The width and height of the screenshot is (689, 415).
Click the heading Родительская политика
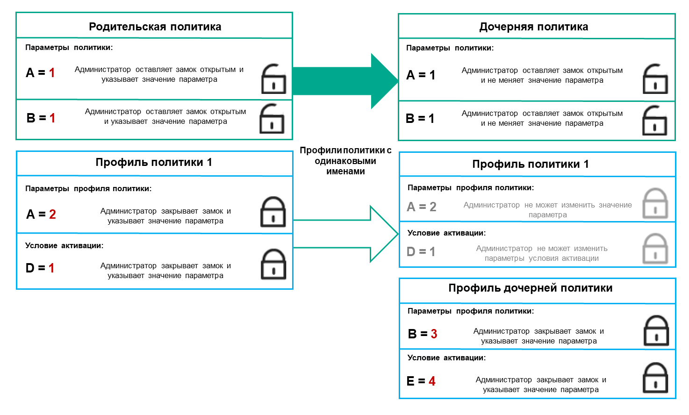coord(155,27)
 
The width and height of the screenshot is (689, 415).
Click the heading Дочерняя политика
coord(533,27)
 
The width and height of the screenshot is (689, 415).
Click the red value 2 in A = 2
coord(52,215)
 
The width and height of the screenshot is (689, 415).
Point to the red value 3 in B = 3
coord(434,334)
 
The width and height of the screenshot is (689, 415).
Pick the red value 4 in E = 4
coord(432,381)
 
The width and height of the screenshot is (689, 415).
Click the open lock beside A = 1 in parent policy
coord(273,79)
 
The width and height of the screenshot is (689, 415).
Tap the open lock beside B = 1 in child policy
coord(654,121)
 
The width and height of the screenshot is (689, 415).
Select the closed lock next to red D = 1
coord(273,265)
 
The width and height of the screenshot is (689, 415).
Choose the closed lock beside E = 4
coord(655,378)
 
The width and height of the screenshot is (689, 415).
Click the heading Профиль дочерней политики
coord(530,288)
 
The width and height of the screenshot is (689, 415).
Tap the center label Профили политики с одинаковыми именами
coord(345,161)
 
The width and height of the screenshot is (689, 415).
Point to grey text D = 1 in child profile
coord(421,252)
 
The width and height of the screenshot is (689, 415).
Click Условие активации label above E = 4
coord(446,358)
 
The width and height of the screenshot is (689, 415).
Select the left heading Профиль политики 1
coord(154,163)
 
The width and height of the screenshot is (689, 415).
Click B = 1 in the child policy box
coord(420,119)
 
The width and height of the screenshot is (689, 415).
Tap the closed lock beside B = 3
coord(656,331)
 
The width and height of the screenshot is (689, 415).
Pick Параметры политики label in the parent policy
coord(69,48)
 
